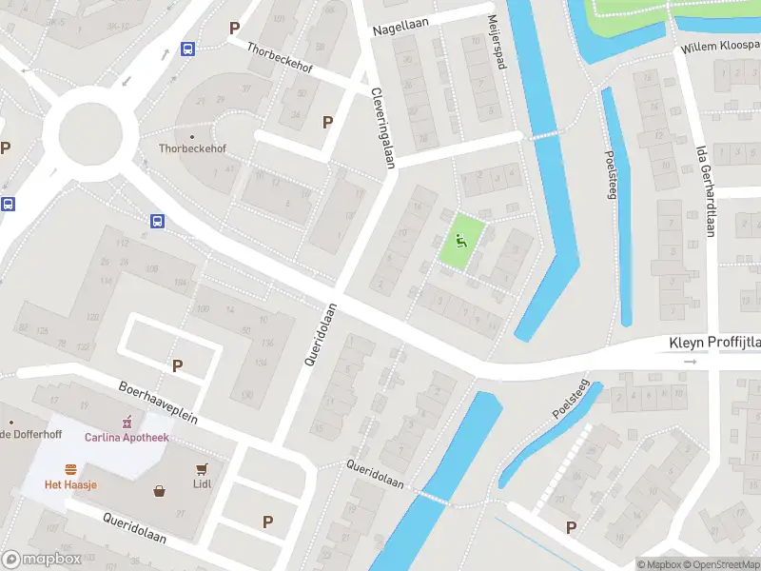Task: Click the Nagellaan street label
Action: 404,30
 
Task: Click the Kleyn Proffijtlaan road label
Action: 713,342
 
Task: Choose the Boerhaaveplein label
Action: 157,403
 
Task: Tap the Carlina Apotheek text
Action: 127,438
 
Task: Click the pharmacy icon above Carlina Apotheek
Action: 127,422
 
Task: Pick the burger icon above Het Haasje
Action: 70,468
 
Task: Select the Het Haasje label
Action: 70,484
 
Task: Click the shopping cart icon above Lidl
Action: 202,468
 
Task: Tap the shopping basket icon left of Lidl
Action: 160,491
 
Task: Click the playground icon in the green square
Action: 461,241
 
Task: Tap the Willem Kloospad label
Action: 719,47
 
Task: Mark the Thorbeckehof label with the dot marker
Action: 192,148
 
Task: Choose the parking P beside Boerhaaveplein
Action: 176,364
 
